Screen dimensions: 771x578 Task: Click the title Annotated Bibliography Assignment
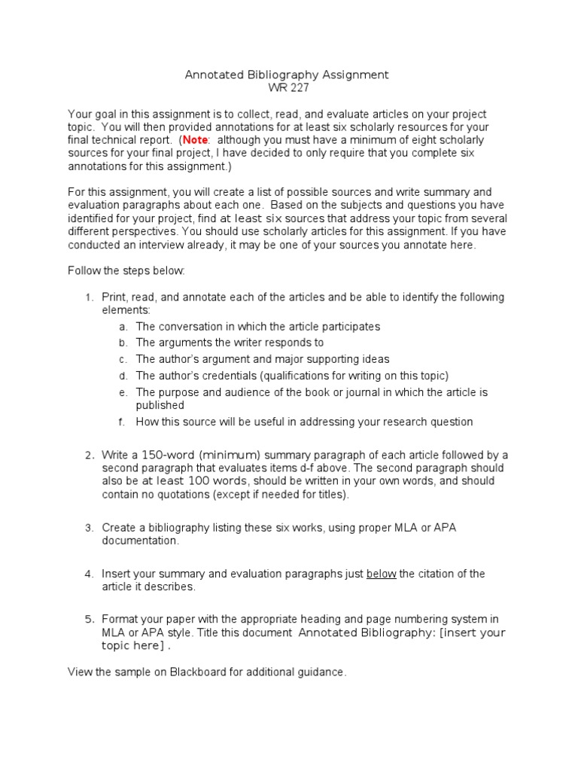287,75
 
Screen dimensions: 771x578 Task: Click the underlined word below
381,574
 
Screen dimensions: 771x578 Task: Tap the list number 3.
88,528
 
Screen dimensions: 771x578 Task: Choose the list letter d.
123,375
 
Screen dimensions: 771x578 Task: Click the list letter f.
123,422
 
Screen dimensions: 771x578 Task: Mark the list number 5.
88,620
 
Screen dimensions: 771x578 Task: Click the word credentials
224,375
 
